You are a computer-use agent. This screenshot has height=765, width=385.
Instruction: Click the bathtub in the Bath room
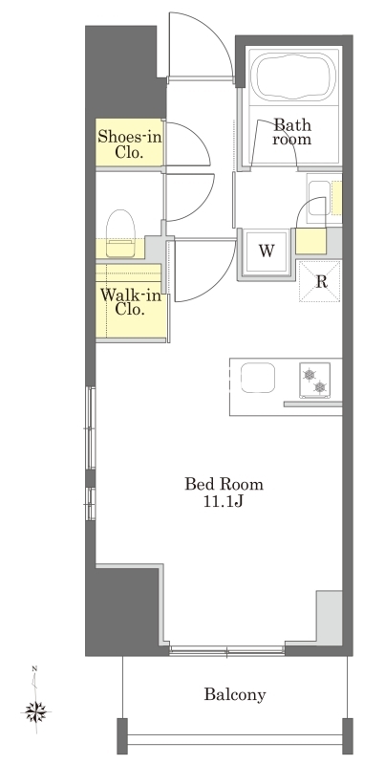[293, 76]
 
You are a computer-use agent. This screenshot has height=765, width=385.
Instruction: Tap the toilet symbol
[119, 233]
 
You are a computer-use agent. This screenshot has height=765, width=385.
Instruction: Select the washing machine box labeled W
[266, 251]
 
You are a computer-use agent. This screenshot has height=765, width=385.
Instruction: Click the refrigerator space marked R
[320, 281]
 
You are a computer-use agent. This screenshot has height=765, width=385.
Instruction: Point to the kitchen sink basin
[258, 377]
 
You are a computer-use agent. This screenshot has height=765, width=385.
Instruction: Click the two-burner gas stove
[314, 380]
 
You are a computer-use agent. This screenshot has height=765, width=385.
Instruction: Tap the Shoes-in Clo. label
[129, 144]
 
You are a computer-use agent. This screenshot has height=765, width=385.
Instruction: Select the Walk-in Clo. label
[130, 301]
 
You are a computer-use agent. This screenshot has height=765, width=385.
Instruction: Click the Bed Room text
[224, 484]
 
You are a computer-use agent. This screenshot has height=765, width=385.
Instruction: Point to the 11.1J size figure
[224, 503]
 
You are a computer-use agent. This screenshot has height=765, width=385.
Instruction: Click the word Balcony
[235, 694]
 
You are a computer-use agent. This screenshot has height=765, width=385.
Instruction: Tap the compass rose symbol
[36, 711]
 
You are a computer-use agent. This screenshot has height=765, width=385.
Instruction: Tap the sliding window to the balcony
[227, 650]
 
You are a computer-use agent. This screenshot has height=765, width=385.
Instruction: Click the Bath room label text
[292, 132]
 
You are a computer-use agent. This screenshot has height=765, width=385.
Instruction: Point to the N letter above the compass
[34, 668]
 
